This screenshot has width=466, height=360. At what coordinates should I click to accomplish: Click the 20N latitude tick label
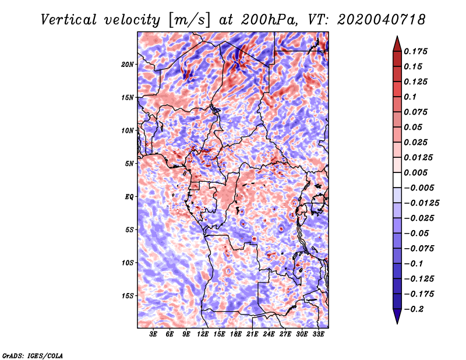128,64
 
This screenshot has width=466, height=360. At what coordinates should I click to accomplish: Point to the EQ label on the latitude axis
129,196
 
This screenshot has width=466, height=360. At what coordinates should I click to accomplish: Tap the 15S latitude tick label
128,295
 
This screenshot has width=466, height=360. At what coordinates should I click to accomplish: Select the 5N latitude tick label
129,163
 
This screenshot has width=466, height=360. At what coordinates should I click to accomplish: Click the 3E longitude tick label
153,335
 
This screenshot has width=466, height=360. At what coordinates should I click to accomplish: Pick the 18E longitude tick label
236,335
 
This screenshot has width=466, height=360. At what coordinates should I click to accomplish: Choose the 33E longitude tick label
319,335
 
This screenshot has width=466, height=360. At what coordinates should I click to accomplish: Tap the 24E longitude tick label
269,335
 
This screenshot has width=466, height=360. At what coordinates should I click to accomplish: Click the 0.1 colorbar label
411,97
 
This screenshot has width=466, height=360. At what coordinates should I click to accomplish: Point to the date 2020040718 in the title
373,19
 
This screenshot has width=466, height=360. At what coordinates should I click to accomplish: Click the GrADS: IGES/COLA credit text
32,355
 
